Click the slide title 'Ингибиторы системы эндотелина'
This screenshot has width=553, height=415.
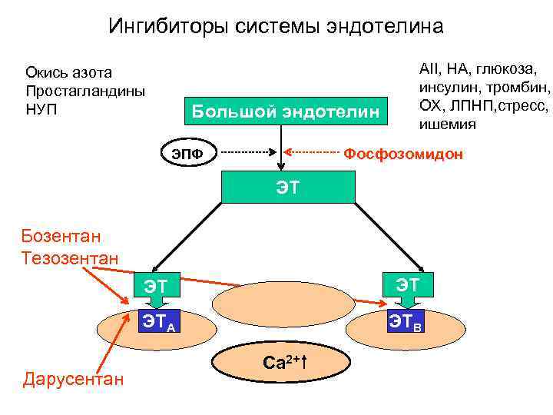(x=276, y=27)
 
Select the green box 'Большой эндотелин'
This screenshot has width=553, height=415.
(x=286, y=112)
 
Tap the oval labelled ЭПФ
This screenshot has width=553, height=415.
(x=187, y=154)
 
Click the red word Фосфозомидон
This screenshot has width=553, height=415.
(x=403, y=154)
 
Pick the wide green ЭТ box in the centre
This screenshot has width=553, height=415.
(x=288, y=185)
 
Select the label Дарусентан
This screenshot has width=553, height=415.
(x=73, y=377)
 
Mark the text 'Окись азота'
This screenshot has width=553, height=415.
(x=68, y=72)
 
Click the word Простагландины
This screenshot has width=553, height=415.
(x=84, y=89)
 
